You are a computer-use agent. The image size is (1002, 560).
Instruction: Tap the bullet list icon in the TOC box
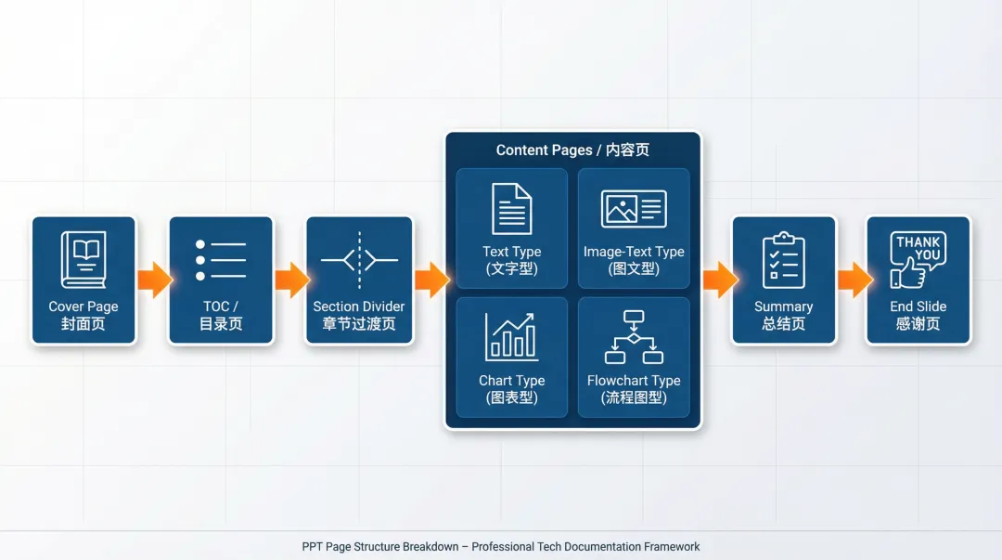point(221,260)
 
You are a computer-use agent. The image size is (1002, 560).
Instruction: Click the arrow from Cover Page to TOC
point(154,280)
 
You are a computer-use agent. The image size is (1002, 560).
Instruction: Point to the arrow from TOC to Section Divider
point(291,280)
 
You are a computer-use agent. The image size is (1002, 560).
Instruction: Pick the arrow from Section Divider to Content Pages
point(430,280)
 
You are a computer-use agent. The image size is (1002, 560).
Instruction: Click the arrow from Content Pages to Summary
point(718,280)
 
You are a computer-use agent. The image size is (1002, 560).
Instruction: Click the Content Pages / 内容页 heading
point(572,150)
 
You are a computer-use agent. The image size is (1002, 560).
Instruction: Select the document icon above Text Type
point(511,209)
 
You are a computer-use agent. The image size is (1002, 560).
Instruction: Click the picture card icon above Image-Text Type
point(634,209)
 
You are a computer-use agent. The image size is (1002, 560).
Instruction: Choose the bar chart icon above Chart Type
point(511,336)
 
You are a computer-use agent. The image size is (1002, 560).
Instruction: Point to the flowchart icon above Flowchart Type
point(634,336)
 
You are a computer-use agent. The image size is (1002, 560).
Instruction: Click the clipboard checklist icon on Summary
point(783,260)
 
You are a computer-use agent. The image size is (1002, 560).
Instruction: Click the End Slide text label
point(918,306)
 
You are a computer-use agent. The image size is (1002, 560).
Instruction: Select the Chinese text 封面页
point(83,324)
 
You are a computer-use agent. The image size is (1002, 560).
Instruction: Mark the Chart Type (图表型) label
point(511,389)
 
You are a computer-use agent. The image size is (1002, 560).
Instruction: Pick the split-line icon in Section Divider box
point(359,260)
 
